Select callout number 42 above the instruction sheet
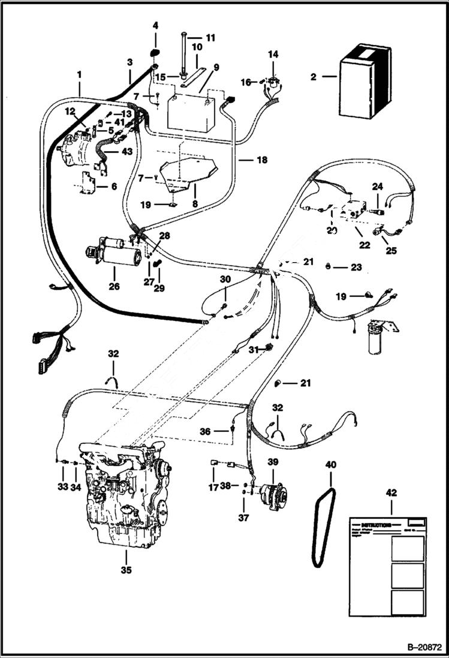point(391,493)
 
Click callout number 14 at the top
point(273,55)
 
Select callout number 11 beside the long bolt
point(210,37)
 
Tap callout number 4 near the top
point(155,26)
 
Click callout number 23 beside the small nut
point(356,268)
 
